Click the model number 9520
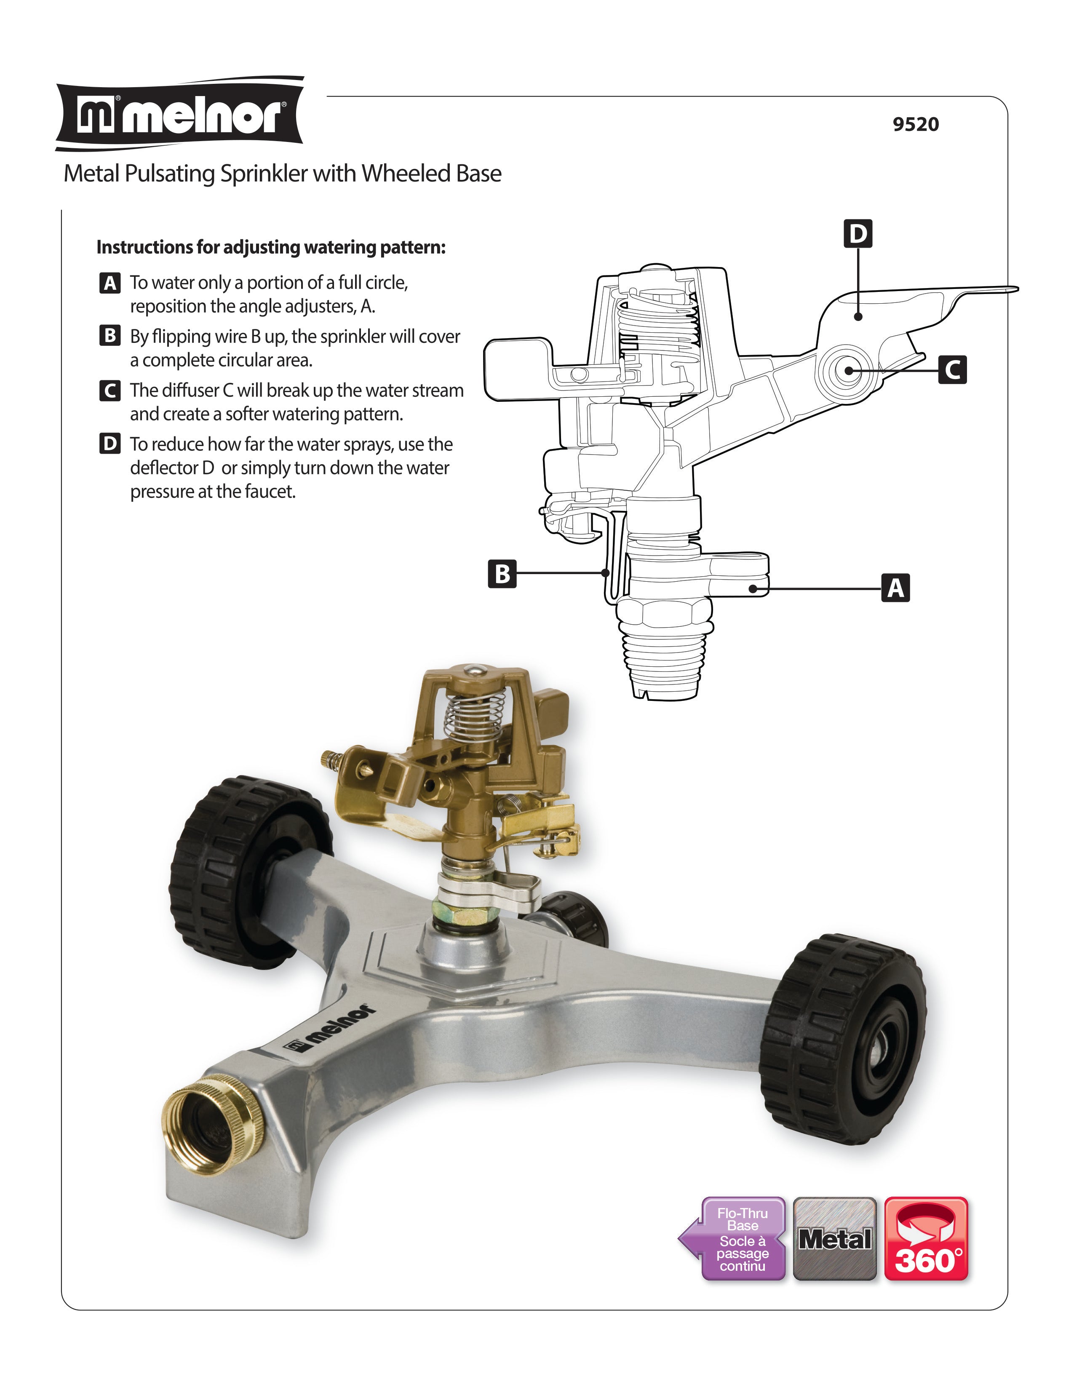point(915,124)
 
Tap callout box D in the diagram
point(858,234)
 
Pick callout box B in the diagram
point(502,573)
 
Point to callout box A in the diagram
point(895,588)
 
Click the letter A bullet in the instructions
point(110,283)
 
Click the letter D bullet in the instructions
point(110,444)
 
